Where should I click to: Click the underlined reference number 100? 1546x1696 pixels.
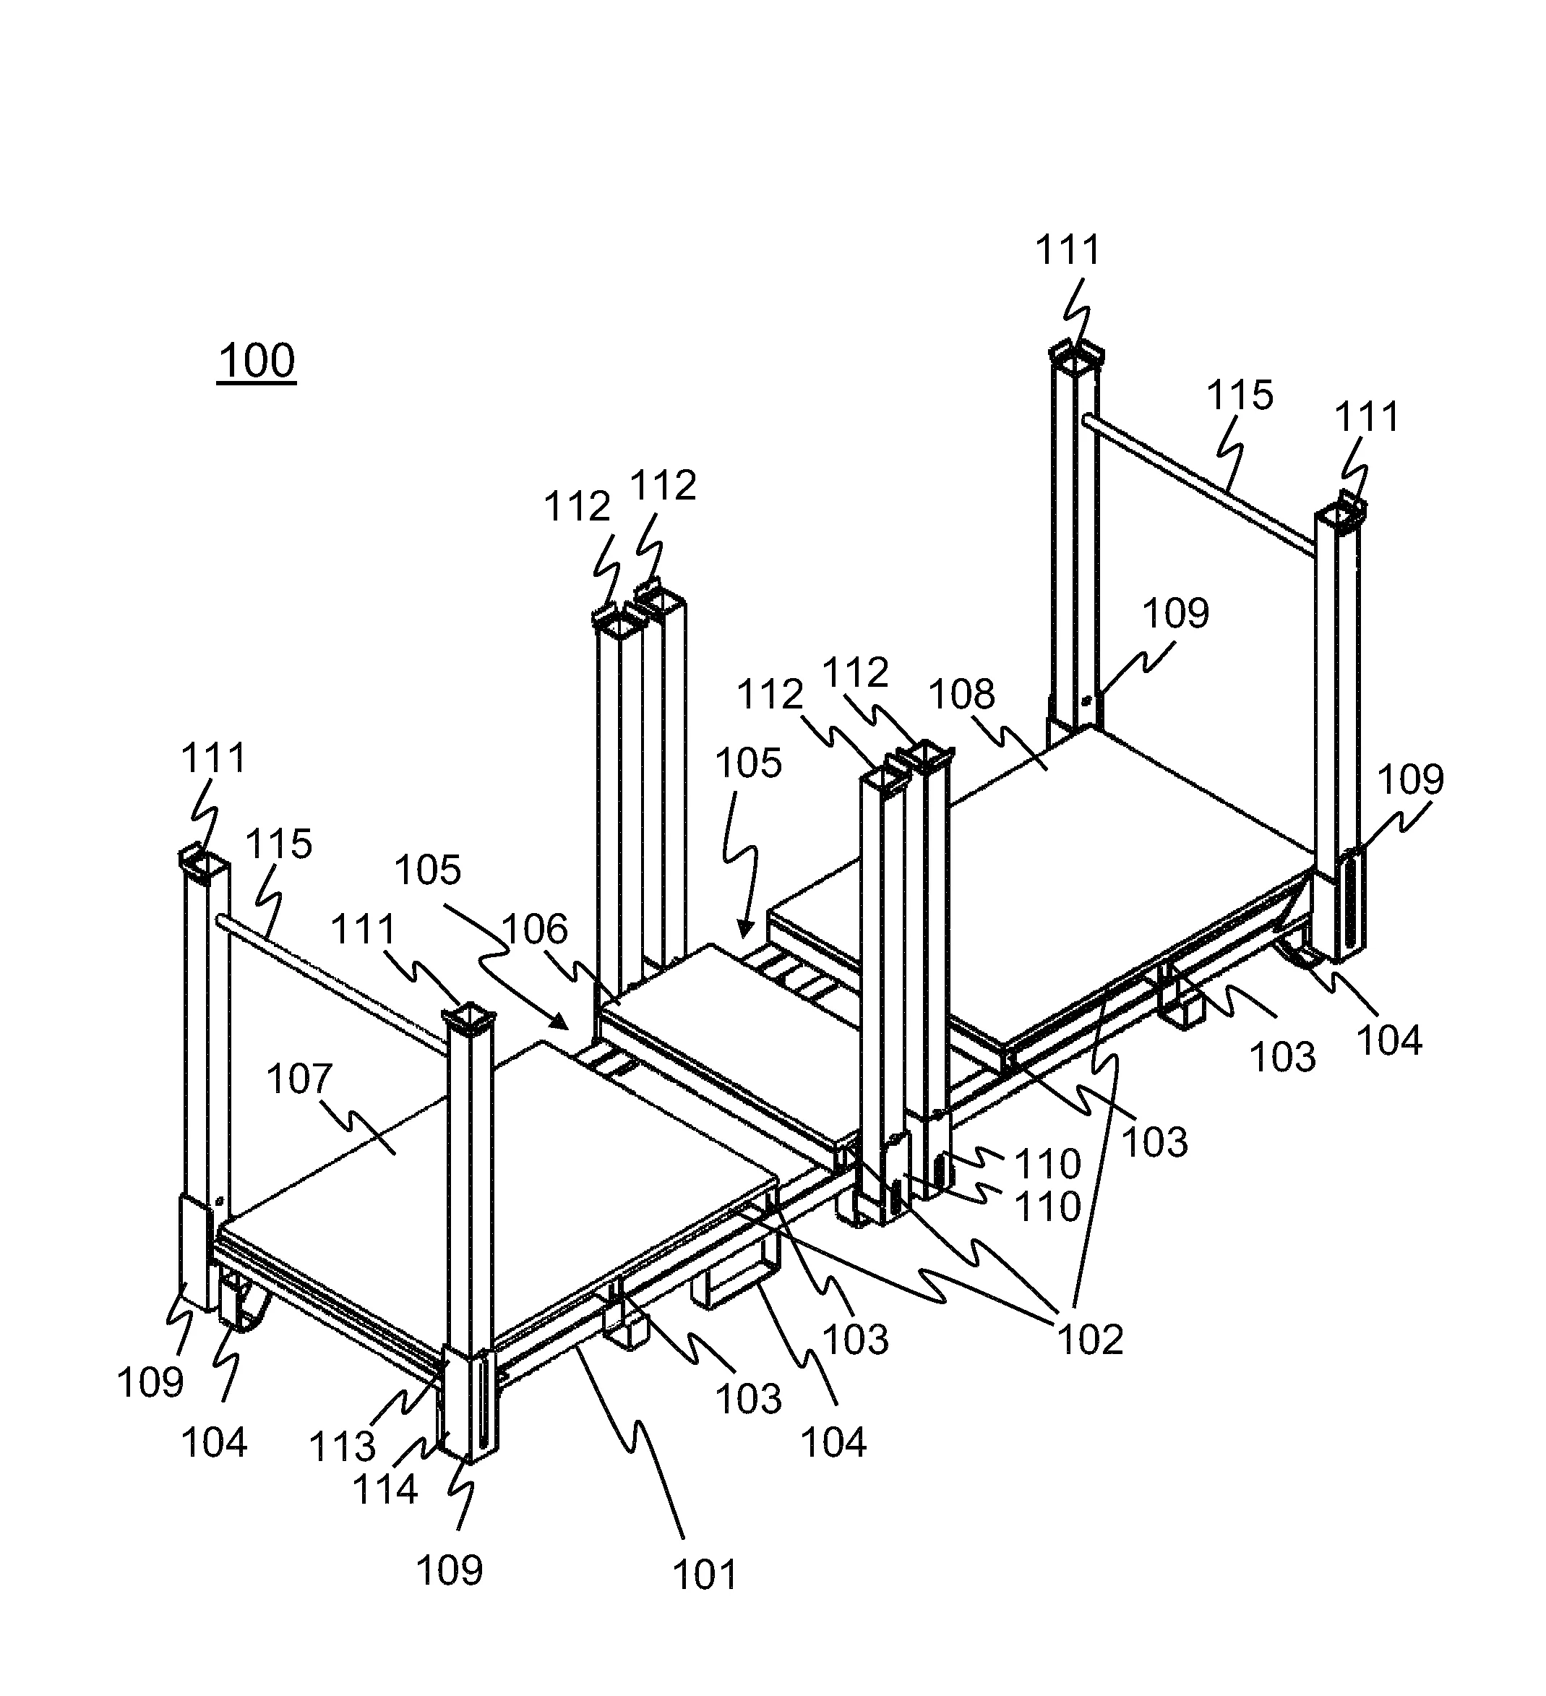tap(257, 361)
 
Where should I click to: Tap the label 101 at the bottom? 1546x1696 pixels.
tap(705, 1574)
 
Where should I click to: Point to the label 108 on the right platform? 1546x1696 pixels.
tap(961, 695)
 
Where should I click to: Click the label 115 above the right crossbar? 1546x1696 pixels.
tap(1240, 395)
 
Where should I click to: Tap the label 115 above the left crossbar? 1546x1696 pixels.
tap(278, 844)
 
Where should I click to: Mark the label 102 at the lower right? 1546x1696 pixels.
tap(1090, 1340)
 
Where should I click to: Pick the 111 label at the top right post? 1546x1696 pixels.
tap(1367, 416)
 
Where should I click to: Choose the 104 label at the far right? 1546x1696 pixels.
tap(1388, 1040)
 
